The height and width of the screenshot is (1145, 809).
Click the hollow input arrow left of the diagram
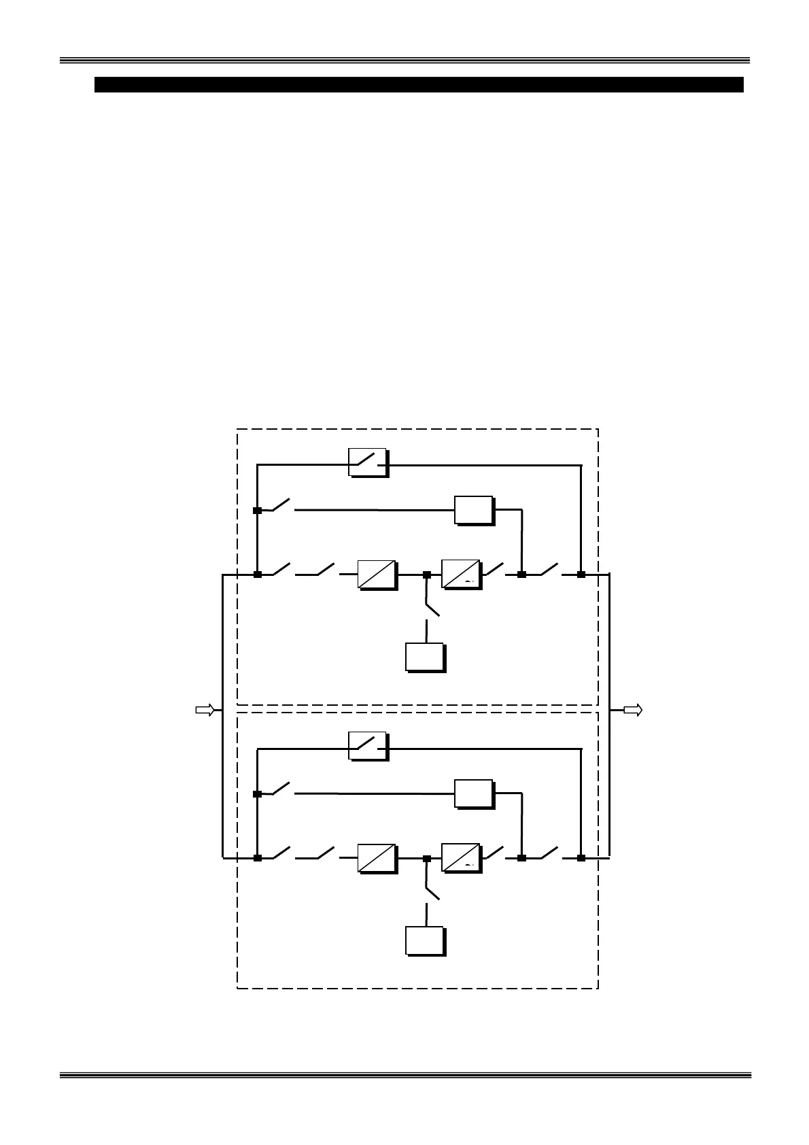tap(206, 710)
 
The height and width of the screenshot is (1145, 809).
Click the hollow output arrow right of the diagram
tap(633, 710)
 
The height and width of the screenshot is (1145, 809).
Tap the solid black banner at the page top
tap(418, 84)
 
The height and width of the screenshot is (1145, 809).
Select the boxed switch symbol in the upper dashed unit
tap(368, 462)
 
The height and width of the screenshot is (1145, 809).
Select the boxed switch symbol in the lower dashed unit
tap(368, 746)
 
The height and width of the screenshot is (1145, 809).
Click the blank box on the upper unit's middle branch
tap(473, 510)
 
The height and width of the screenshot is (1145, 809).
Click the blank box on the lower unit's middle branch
tap(473, 793)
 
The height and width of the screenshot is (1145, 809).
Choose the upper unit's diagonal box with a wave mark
tap(461, 575)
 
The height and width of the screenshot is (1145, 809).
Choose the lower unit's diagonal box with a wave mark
tap(461, 858)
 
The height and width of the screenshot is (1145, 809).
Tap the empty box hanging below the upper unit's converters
tap(425, 656)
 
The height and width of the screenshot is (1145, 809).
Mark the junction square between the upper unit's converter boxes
tap(427, 575)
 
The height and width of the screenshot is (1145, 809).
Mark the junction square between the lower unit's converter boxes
tap(427, 858)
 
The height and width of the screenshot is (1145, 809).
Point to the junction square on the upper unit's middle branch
tap(257, 510)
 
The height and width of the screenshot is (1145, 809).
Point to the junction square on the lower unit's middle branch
tap(257, 793)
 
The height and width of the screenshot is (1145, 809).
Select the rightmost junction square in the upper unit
tap(581, 575)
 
